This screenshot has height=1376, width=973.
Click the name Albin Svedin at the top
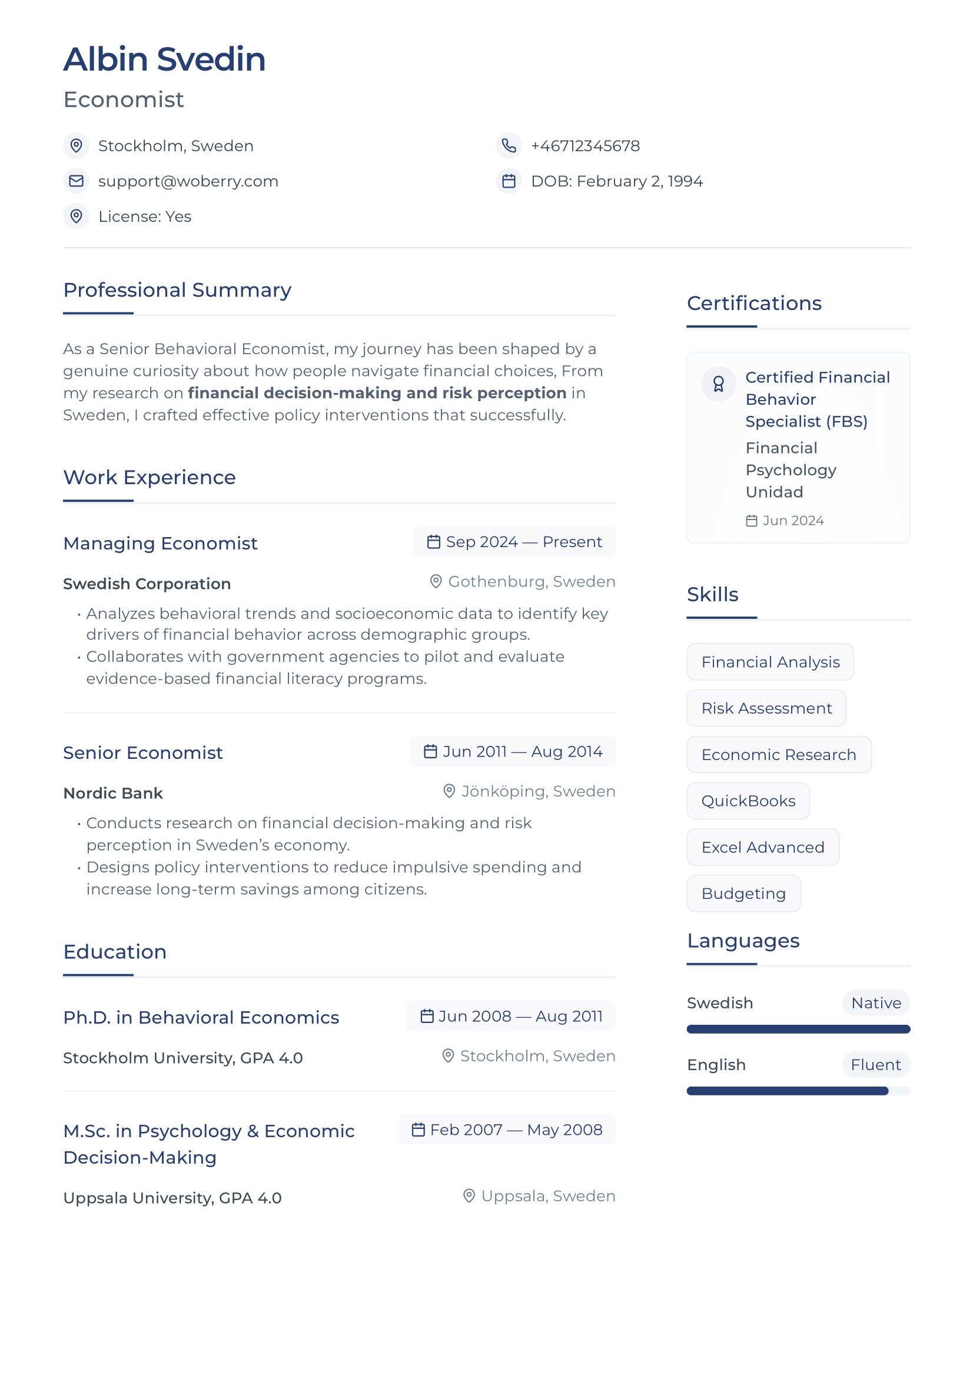164,59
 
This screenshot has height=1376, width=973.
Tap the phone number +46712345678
585,146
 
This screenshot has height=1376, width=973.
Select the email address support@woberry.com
188,181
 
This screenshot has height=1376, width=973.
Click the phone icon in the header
509,146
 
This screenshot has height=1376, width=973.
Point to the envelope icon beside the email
76,181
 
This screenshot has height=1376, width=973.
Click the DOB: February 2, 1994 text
616,181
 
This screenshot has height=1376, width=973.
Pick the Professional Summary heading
177,290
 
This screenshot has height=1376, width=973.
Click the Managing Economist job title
160,543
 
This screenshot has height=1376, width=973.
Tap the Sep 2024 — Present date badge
514,542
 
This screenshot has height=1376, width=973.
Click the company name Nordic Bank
112,793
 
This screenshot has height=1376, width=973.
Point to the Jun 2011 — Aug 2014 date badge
513,751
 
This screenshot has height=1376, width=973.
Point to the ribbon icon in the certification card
718,384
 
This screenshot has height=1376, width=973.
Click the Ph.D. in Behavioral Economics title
201,1017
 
